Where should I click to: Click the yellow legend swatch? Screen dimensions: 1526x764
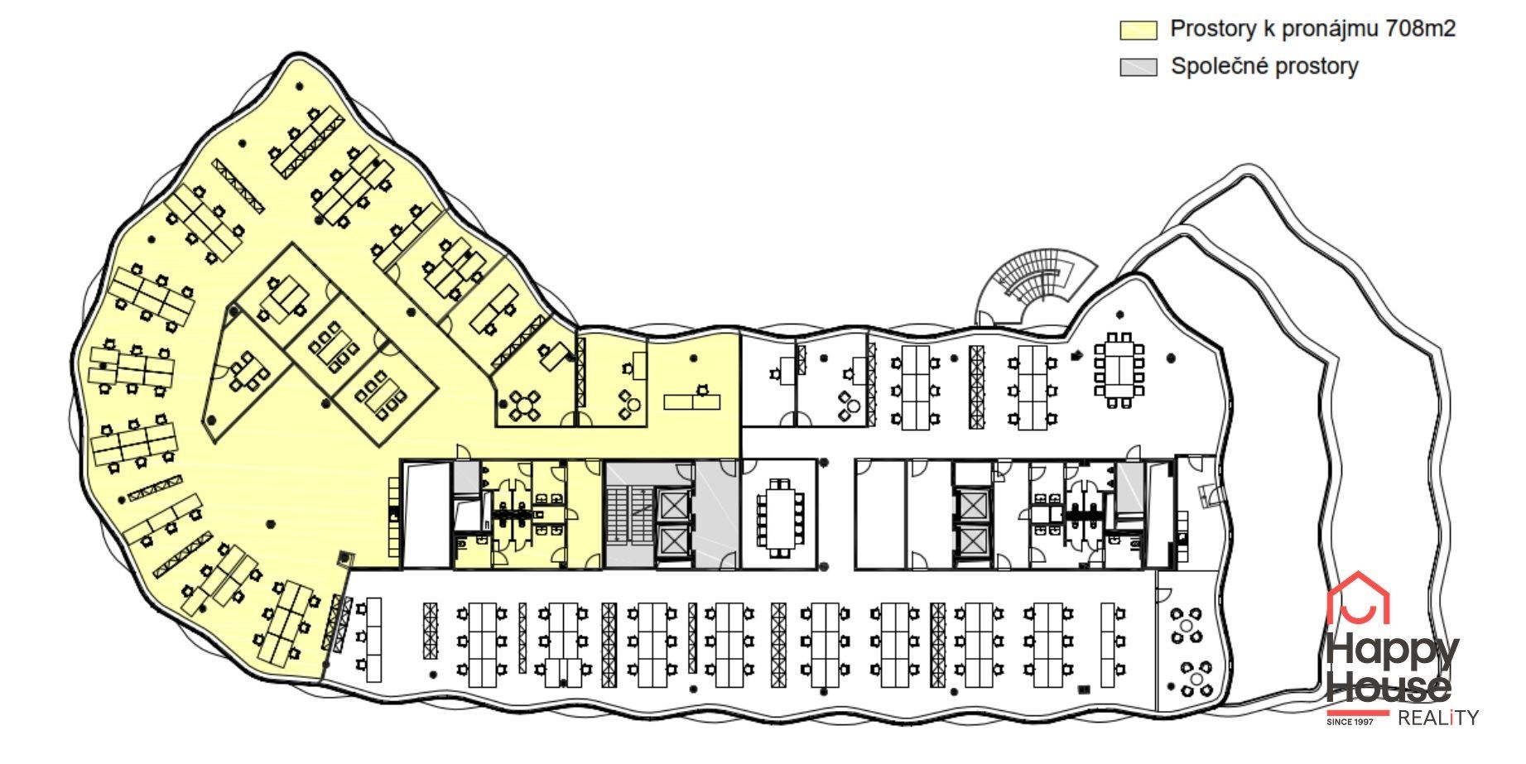pos(1138,30)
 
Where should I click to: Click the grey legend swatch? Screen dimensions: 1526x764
pos(1138,67)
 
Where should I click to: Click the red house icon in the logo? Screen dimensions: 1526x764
pos(1358,598)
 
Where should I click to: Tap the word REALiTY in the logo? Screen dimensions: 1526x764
pos(1438,718)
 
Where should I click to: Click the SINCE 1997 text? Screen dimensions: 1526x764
pos(1350,722)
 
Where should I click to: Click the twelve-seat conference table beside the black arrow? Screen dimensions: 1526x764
pos(1119,370)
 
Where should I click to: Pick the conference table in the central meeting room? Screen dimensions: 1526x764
pos(779,517)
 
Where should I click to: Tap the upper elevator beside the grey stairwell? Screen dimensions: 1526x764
pos(672,505)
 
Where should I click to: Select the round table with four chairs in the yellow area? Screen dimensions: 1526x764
pos(524,406)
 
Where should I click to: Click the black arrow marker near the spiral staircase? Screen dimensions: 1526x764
pos(1076,356)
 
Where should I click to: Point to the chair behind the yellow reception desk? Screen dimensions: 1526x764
pos(703,389)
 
